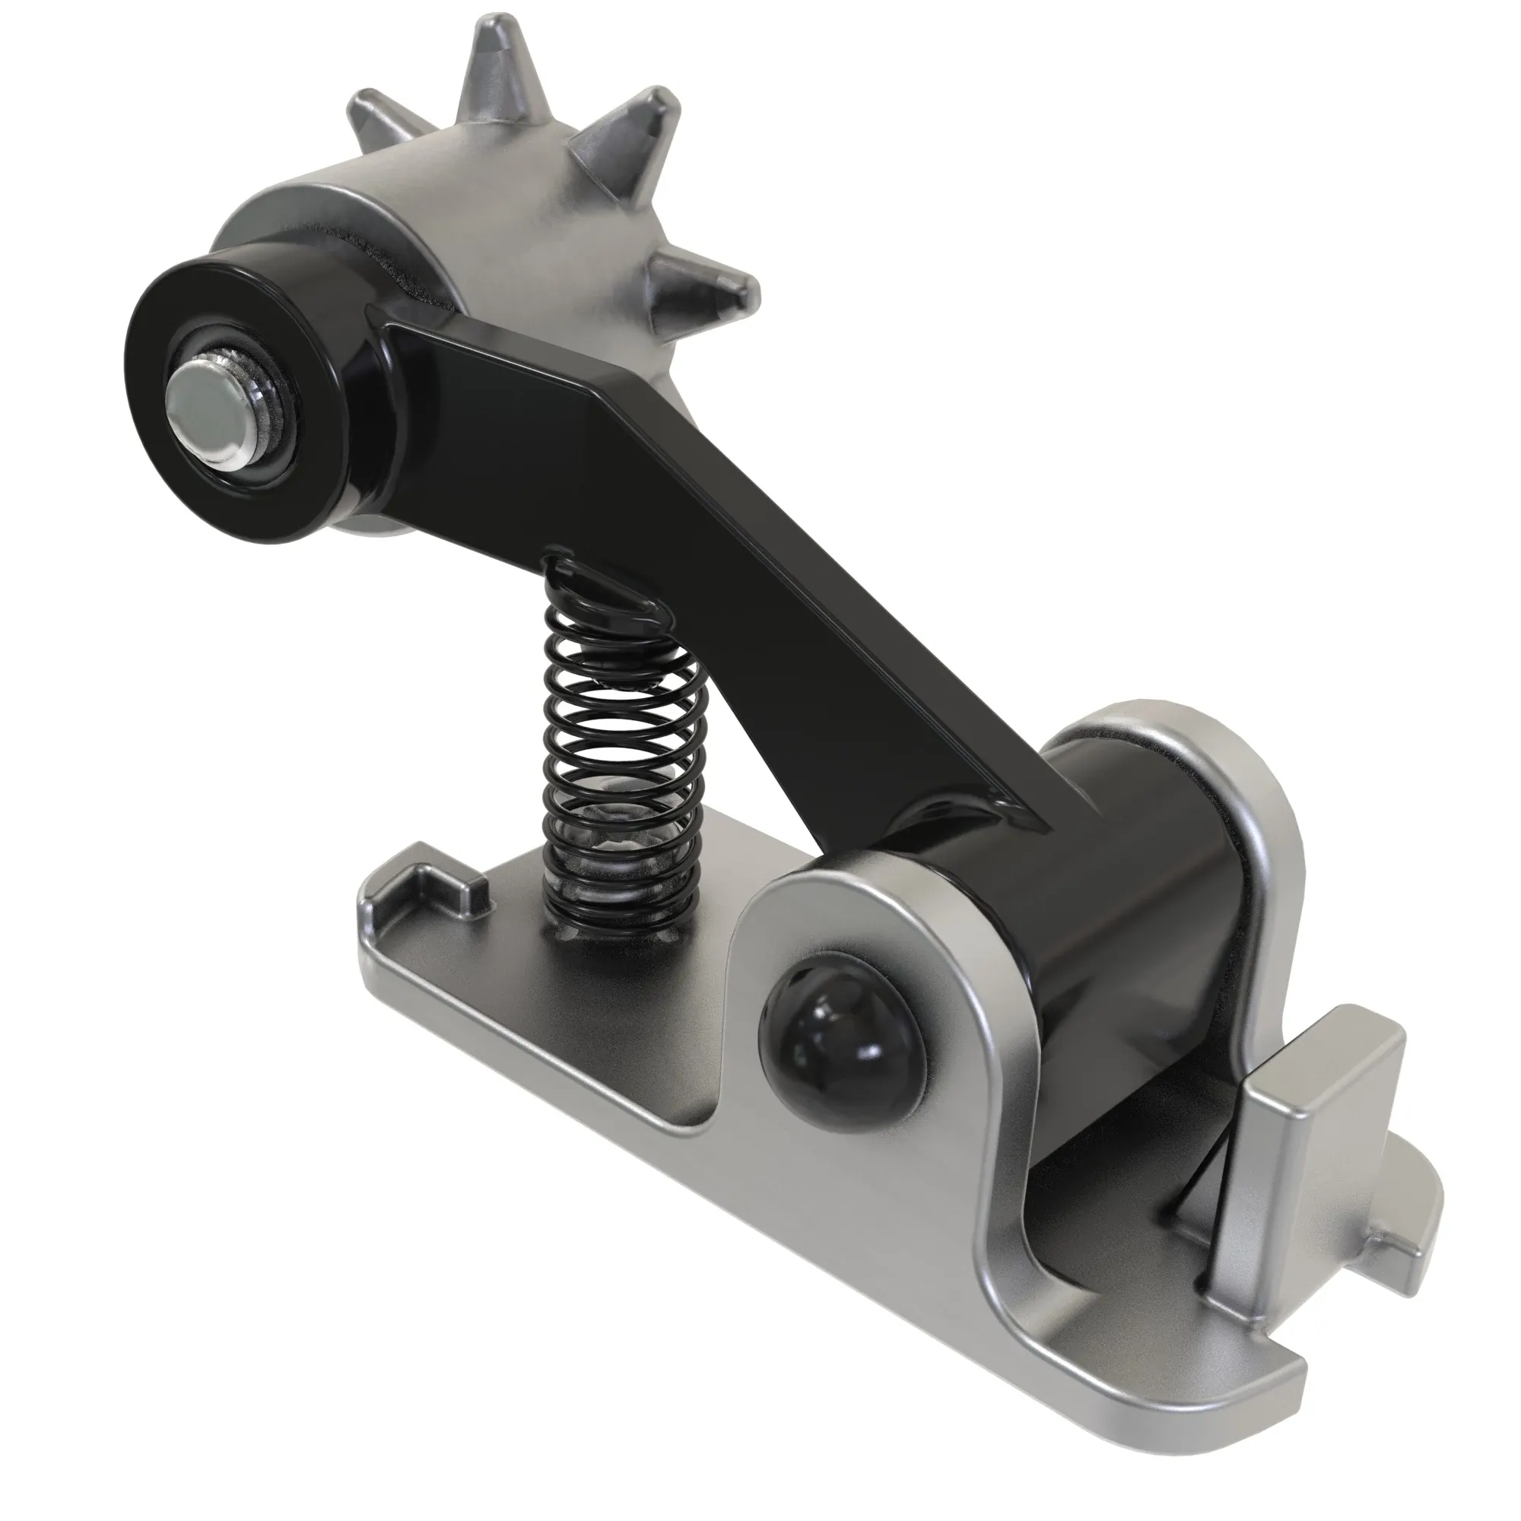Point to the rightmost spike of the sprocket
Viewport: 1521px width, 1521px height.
tap(709, 287)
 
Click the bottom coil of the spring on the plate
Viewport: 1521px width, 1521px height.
tap(622, 917)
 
